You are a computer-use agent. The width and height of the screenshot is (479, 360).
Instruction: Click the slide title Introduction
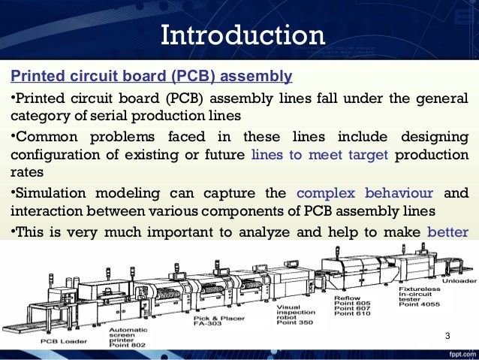tap(243, 35)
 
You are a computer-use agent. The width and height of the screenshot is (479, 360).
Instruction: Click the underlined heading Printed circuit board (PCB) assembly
tap(150, 76)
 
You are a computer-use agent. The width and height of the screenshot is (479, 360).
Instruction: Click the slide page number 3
tap(447, 335)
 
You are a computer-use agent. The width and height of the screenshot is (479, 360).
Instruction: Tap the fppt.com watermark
tap(459, 353)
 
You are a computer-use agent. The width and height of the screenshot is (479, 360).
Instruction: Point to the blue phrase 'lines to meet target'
tap(319, 154)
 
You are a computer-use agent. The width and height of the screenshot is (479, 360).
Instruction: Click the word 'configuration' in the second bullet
tap(53, 155)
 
